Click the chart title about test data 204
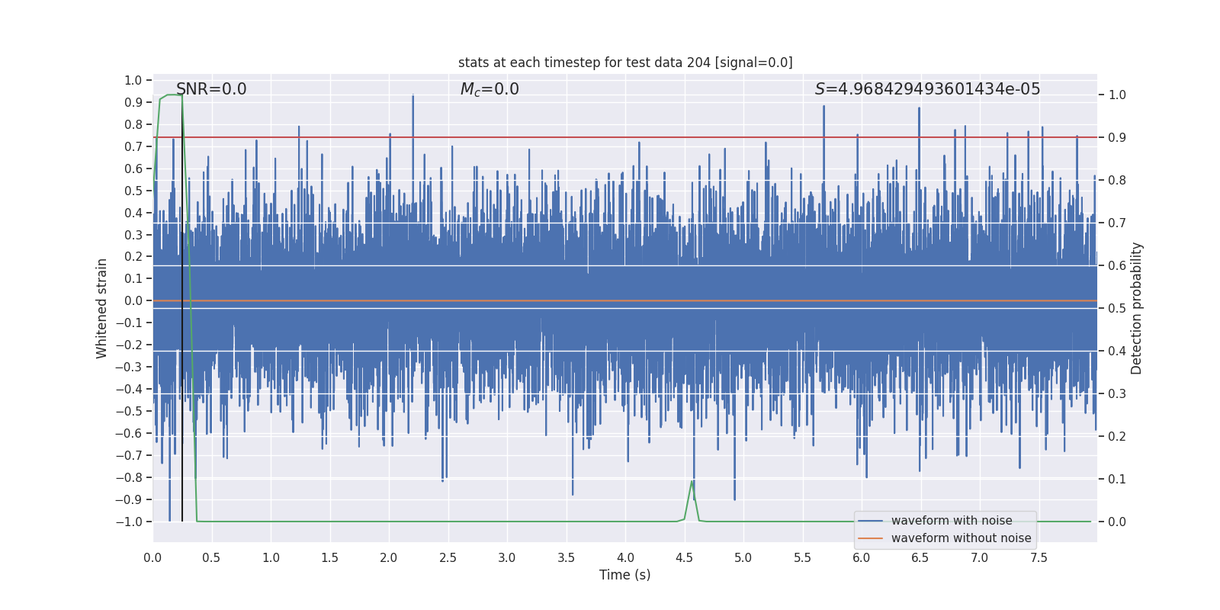625,63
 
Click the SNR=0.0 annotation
211,89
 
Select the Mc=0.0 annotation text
490,89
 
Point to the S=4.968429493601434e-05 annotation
927,89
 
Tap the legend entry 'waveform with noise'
952,521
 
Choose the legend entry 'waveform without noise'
961,538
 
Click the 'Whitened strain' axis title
102,308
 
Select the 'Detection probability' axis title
1137,308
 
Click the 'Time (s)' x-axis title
625,575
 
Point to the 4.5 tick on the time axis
685,557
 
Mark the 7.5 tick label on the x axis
1039,557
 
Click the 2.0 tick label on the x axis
389,557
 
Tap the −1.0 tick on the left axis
129,522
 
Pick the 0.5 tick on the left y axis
133,191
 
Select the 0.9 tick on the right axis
1117,137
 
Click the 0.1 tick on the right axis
1117,479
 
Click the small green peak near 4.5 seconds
692,482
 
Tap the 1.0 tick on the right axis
1117,95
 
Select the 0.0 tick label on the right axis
1117,522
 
